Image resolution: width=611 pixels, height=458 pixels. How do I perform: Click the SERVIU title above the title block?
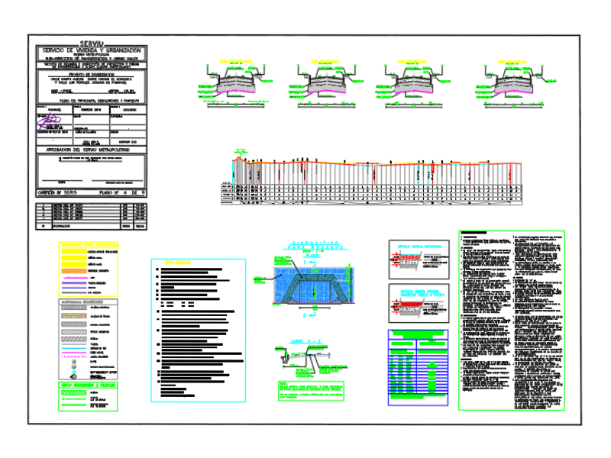coord(92,44)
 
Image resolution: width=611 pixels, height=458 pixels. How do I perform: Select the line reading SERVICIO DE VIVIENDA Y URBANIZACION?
coord(92,50)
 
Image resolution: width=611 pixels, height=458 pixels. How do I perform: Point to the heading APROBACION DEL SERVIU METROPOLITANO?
coord(92,150)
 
